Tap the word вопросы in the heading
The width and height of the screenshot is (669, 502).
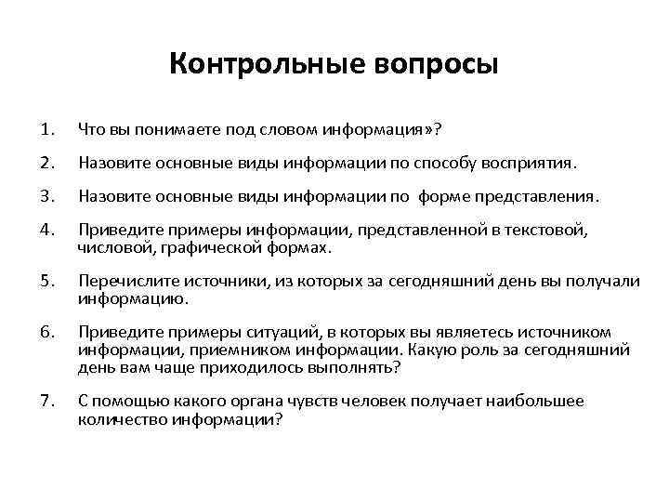(x=437, y=66)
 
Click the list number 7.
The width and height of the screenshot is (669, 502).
(x=47, y=401)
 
